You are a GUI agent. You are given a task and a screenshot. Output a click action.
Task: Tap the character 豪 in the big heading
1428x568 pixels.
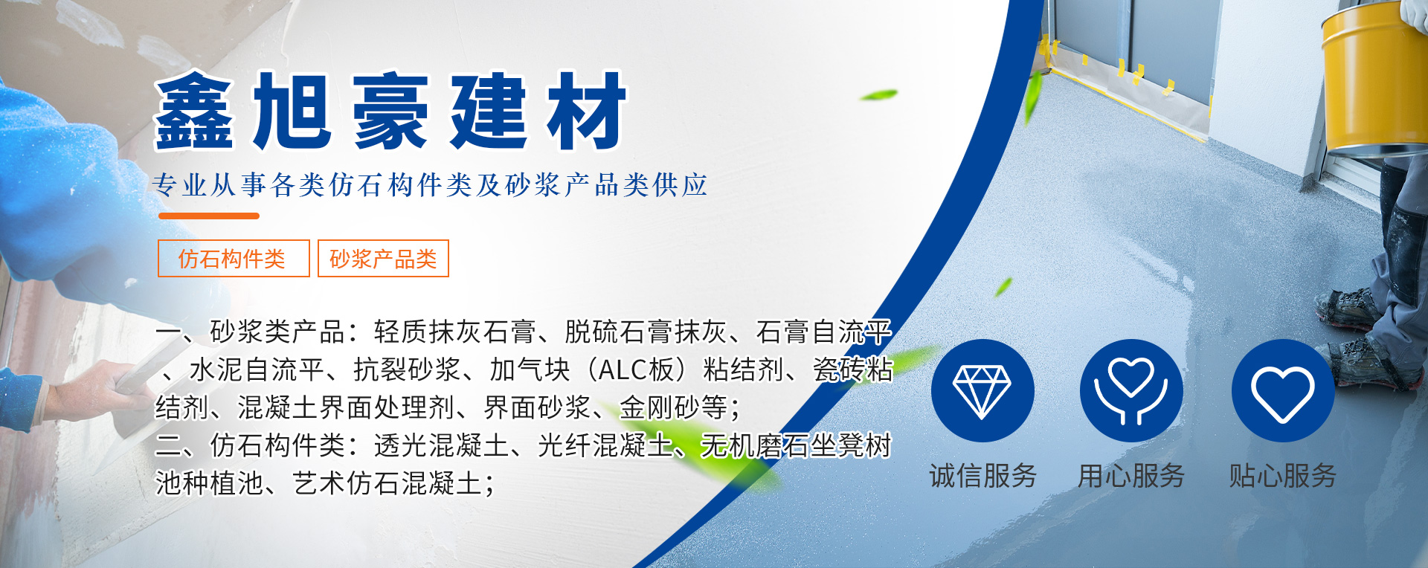click(x=391, y=111)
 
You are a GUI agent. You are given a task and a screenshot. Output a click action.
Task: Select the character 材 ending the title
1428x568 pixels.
click(x=588, y=111)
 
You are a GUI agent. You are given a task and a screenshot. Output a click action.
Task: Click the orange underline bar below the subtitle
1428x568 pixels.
click(x=209, y=216)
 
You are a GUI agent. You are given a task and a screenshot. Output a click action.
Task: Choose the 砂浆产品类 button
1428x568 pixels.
click(x=383, y=259)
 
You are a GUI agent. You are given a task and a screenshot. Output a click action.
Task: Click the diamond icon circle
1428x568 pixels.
click(x=982, y=391)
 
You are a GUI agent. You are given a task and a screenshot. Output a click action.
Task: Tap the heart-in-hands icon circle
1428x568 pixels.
click(x=1131, y=391)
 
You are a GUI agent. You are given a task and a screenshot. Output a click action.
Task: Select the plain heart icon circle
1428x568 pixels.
click(x=1283, y=391)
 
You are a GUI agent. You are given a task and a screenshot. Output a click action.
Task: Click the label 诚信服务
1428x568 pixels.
click(x=982, y=476)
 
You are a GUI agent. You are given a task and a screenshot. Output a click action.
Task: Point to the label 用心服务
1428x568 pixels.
click(x=1131, y=476)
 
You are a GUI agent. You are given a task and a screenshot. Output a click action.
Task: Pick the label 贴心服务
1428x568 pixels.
click(x=1283, y=476)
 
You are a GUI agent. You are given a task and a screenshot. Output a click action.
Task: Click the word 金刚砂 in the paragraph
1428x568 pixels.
click(x=660, y=407)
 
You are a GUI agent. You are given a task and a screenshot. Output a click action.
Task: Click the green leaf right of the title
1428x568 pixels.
click(x=878, y=95)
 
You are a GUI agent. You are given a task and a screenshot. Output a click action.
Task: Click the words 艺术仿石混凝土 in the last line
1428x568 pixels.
click(x=387, y=483)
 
